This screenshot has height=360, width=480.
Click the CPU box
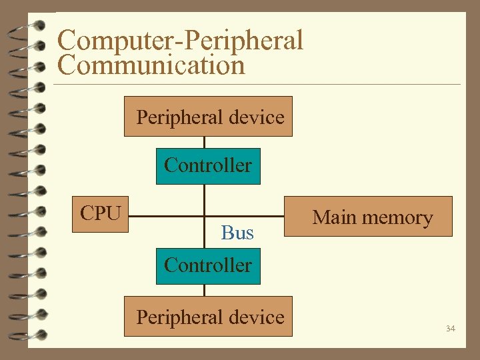pos(101,214)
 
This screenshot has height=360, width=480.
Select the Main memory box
pos(369,217)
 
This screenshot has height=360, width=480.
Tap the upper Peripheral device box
pos(208,117)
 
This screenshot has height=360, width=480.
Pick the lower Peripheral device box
pos(208,317)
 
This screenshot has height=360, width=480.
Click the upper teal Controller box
pos(208,165)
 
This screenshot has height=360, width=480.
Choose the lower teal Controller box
pos(208,265)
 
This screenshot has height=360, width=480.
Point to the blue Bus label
pos(237,233)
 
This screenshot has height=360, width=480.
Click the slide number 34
pos(451,329)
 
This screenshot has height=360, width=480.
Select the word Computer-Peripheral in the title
pos(180,40)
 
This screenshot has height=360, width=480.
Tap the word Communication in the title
pos(151,65)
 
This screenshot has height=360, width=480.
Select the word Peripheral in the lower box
pos(178,317)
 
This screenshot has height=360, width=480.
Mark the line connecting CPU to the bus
pos(167,216)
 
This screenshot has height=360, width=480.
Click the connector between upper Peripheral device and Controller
pos(205,142)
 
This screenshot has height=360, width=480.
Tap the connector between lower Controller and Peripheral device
pos(205,290)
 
